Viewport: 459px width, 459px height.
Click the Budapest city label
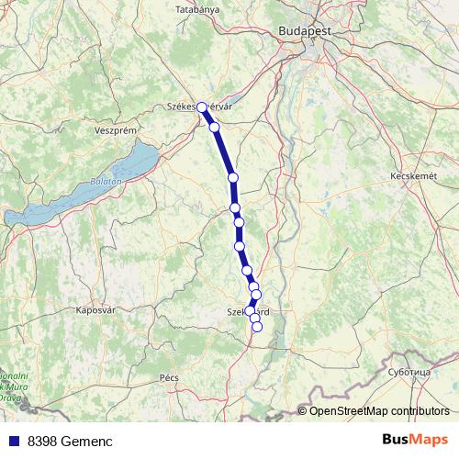(x=304, y=30)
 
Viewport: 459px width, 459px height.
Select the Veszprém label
(x=116, y=130)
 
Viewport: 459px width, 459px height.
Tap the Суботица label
(x=409, y=373)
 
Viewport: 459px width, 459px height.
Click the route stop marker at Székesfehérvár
(x=202, y=107)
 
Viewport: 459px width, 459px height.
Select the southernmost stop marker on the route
(x=257, y=326)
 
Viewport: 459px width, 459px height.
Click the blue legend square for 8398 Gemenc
(x=12, y=441)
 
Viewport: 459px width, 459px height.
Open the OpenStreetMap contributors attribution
(x=379, y=410)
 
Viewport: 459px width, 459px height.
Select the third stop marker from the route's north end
(x=233, y=177)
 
